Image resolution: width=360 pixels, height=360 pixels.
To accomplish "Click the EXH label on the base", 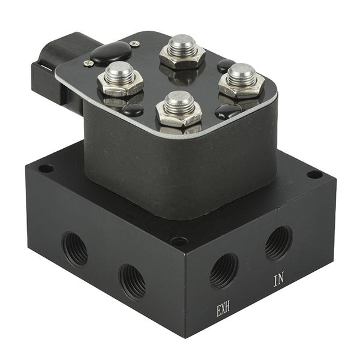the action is coord(223,310).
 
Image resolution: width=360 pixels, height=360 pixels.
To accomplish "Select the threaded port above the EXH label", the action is coord(224,271).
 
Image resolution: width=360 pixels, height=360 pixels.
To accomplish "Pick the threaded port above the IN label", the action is coord(278,244).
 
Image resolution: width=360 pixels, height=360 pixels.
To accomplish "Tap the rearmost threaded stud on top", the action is coord(183,46).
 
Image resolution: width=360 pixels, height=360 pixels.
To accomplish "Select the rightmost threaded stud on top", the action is coord(241,74).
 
